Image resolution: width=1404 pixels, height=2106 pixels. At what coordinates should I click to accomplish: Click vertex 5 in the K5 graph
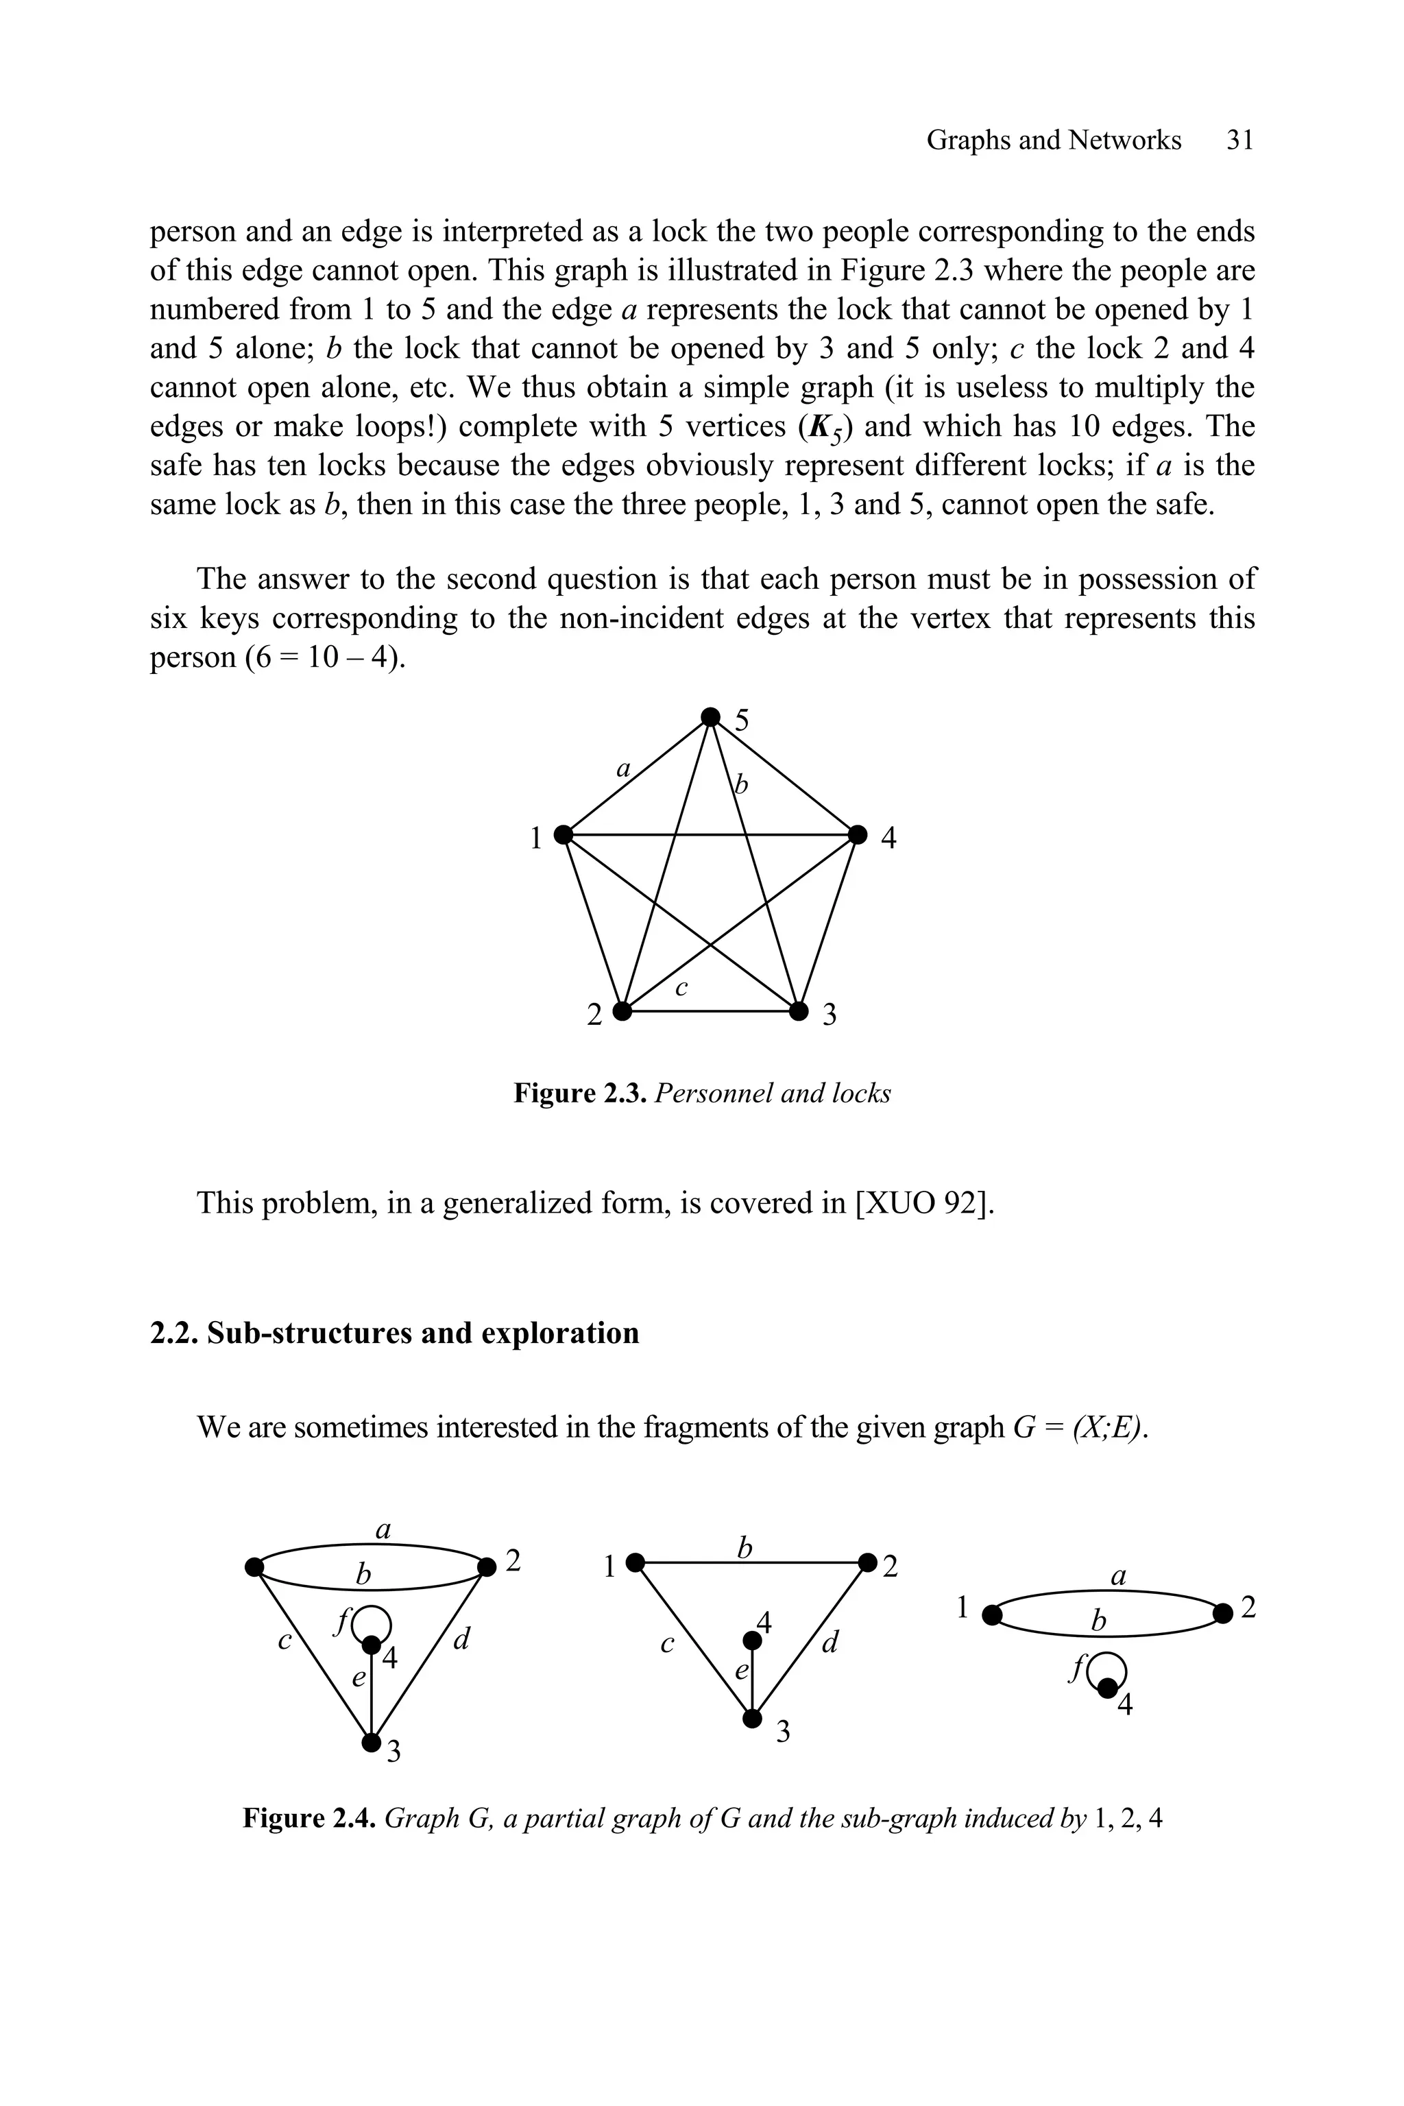[x=710, y=717]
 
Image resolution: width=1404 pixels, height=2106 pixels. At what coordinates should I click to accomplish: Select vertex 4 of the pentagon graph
[x=858, y=834]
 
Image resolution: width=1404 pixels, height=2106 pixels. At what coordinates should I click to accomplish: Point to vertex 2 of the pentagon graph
[x=622, y=1012]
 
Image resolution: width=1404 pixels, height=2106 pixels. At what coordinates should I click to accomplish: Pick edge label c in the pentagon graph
[x=681, y=988]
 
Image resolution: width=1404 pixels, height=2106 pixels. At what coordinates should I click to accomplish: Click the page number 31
[x=1239, y=140]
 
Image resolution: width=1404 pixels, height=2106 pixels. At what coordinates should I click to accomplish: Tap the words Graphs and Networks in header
[x=1053, y=140]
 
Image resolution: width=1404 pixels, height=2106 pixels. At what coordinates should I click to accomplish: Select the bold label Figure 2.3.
[x=580, y=1093]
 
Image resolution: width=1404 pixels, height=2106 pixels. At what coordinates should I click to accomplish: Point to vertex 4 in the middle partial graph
[x=753, y=1641]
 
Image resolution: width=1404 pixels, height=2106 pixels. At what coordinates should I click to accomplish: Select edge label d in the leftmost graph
[x=461, y=1641]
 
